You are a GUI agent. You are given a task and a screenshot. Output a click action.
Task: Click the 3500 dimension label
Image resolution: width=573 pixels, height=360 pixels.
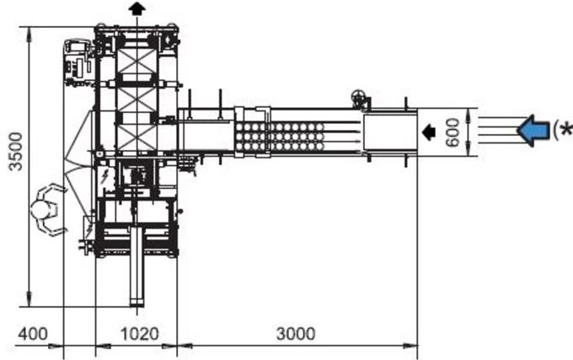[x=15, y=152]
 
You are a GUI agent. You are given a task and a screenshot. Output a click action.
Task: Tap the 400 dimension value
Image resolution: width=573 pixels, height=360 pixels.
[x=33, y=334]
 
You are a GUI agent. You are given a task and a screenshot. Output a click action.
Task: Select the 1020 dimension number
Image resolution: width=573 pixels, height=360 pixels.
[x=140, y=334]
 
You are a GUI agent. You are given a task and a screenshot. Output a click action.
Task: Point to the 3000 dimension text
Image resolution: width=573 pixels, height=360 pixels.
[x=295, y=334]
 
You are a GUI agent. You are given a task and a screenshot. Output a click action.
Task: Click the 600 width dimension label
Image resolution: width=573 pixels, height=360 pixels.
[x=453, y=132]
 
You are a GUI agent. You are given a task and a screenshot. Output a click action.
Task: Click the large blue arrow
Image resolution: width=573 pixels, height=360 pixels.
[x=533, y=131]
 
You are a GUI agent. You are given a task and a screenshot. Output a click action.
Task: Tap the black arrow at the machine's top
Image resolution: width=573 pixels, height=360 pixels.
[x=137, y=8]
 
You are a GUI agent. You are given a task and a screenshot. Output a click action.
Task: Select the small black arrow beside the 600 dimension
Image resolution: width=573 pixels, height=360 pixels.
[x=429, y=132]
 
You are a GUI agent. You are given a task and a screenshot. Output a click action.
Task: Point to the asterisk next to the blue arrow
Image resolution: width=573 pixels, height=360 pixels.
[x=566, y=129]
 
